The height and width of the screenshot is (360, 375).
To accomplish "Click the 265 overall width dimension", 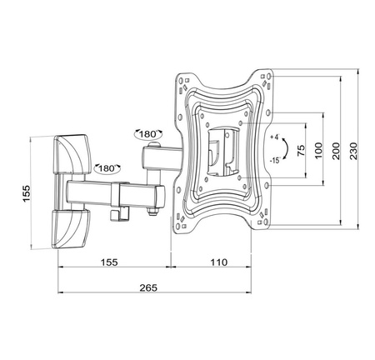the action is coord(148,287).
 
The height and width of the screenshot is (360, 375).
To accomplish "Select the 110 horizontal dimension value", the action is coord(219,262).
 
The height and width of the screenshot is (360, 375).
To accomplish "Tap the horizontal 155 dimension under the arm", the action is coord(109,262).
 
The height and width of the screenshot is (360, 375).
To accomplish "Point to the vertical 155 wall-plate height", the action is coord(27,193).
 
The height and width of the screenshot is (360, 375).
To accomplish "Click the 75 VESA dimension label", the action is coord(301,150).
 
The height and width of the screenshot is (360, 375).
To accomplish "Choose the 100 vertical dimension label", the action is coord(319,150).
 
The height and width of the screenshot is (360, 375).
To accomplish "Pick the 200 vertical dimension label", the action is coord(337,150).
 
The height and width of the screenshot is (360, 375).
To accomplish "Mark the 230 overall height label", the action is coord(353,150).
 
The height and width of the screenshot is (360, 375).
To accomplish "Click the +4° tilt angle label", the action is coord(276,137).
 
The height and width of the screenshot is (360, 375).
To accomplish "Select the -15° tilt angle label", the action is coord(276,160).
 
